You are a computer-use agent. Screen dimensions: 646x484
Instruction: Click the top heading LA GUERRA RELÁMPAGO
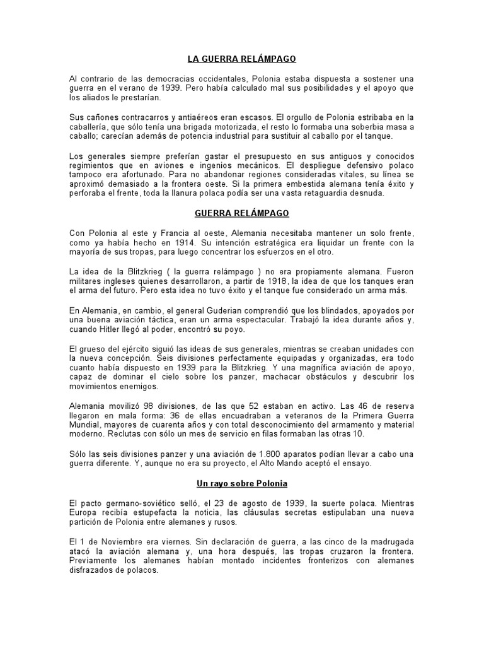tap(241, 59)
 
